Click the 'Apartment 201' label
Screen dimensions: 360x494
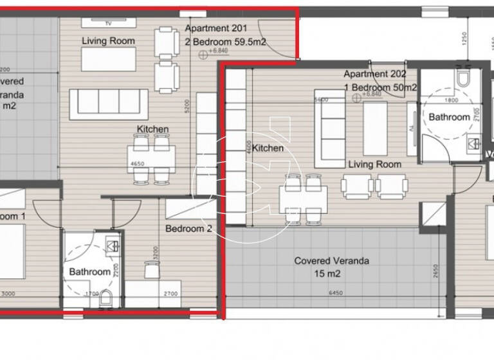tap(215, 28)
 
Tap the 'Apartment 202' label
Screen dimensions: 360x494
tap(375, 74)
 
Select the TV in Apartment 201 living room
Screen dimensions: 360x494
tap(109, 21)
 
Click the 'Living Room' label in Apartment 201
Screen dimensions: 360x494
tap(108, 41)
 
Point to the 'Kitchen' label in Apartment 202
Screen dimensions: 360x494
tap(268, 148)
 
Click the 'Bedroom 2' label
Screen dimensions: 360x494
tap(188, 228)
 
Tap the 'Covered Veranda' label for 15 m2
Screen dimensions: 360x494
tap(327, 261)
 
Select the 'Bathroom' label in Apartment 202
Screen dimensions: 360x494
tap(449, 117)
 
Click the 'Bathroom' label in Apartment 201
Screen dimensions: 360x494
tap(89, 271)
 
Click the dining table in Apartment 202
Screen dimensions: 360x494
tap(303, 196)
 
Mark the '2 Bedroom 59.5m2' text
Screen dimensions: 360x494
tap(226, 42)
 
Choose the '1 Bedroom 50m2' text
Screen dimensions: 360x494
tap(381, 87)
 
